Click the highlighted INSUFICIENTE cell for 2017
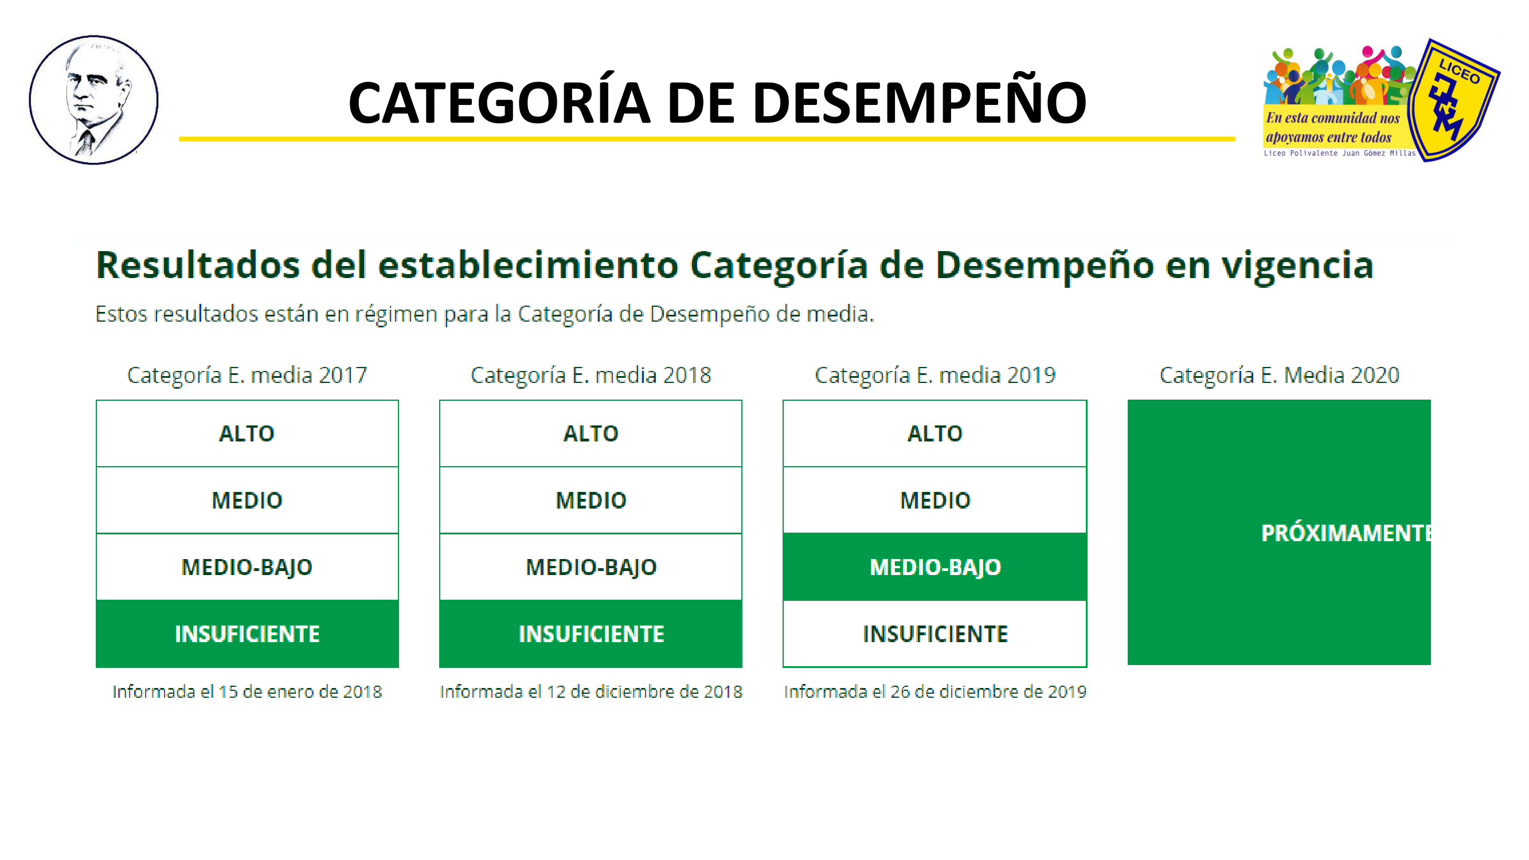[247, 634]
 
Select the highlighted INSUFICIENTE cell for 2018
[591, 634]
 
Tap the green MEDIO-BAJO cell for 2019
[935, 567]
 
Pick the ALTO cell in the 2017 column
[247, 433]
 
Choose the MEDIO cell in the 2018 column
[591, 501]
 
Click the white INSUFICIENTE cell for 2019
[935, 634]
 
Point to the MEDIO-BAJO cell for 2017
[247, 567]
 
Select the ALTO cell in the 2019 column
[935, 433]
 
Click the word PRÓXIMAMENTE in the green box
[1346, 533]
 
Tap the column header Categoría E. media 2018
[591, 375]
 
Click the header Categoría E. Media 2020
[1279, 375]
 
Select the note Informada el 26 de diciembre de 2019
[935, 691]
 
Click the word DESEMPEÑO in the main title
[919, 102]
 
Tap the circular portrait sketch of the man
[94, 100]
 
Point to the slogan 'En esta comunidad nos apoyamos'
[1332, 127]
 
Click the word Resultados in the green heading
[198, 265]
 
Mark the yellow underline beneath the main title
[707, 139]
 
